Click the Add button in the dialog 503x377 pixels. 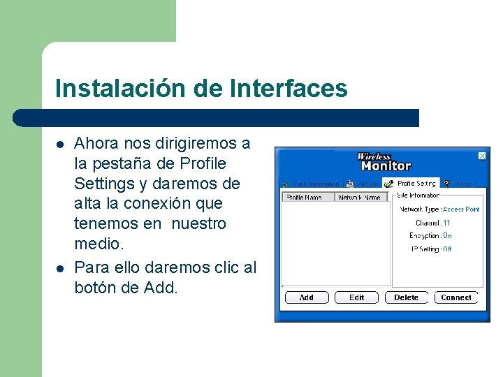coord(306,297)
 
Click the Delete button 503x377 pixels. coord(406,297)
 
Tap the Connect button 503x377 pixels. coord(456,297)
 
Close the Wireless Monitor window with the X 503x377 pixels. coord(481,156)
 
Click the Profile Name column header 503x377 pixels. coord(305,198)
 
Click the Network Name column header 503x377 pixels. coord(359,198)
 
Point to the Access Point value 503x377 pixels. coord(461,209)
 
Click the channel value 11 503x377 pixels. coord(446,223)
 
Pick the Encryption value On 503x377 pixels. coord(447,236)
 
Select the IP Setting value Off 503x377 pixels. coord(447,249)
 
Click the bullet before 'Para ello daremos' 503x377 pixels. coord(61,267)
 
